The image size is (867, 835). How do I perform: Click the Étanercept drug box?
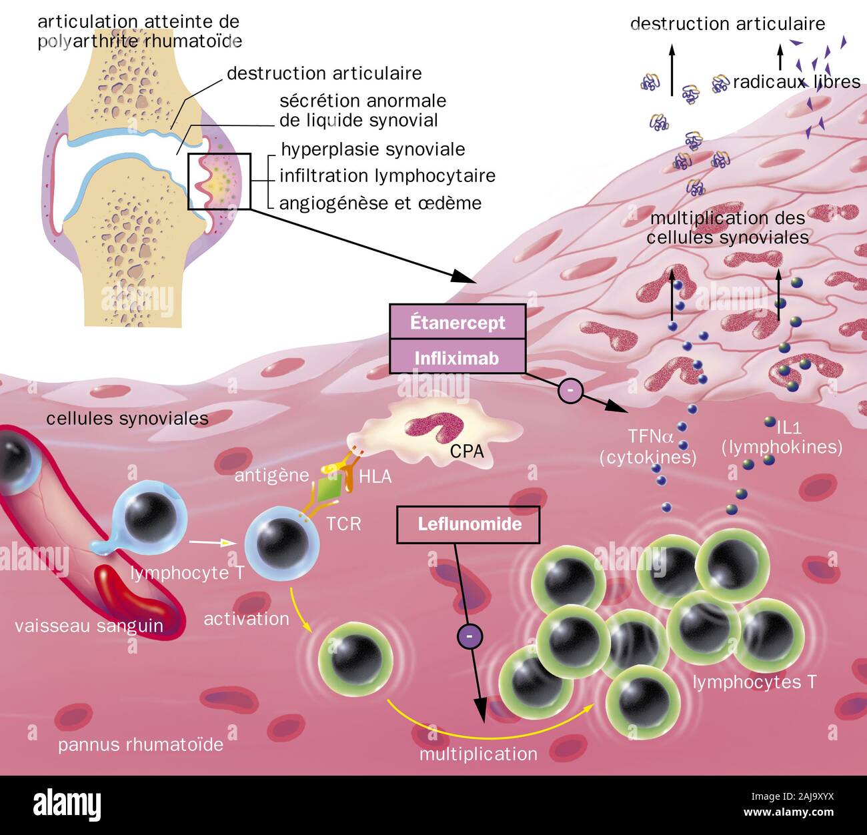pyautogui.click(x=458, y=322)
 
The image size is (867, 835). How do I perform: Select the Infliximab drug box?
pyautogui.click(x=458, y=358)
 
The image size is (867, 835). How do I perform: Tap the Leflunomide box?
pyautogui.click(x=469, y=524)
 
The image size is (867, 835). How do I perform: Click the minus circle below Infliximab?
pyautogui.click(x=571, y=391)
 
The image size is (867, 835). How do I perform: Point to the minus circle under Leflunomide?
pyautogui.click(x=469, y=638)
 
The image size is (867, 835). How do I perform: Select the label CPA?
pyautogui.click(x=467, y=452)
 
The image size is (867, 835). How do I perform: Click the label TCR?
pyautogui.click(x=343, y=524)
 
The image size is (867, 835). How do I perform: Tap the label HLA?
pyautogui.click(x=375, y=476)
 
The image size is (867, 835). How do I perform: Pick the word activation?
pyautogui.click(x=246, y=619)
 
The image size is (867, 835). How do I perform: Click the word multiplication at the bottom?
pyautogui.click(x=478, y=754)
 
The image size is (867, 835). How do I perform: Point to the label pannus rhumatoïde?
pyautogui.click(x=141, y=744)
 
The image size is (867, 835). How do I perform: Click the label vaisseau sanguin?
pyautogui.click(x=89, y=626)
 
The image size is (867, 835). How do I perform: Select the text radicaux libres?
pyautogui.click(x=796, y=81)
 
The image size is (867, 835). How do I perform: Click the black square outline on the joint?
pyautogui.click(x=219, y=181)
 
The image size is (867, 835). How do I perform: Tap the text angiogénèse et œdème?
pyautogui.click(x=380, y=203)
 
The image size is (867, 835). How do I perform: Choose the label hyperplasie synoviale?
pyautogui.click(x=373, y=149)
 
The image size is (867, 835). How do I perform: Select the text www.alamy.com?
pyautogui.click(x=789, y=812)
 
